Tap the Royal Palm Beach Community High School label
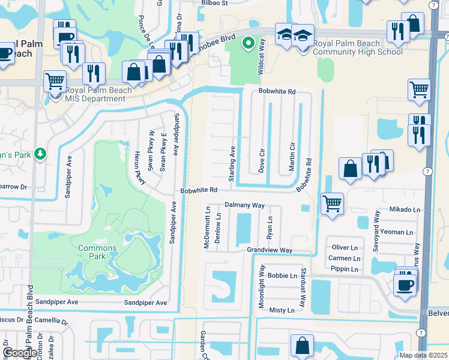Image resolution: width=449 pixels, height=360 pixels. pyautogui.click(x=351, y=47)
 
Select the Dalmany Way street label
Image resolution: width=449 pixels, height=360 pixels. pyautogui.click(x=245, y=205)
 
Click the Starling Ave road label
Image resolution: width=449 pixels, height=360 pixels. pyautogui.click(x=232, y=158)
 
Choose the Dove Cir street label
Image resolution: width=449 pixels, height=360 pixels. pyautogui.click(x=262, y=158)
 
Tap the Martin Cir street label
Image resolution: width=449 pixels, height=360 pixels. pyautogui.click(x=292, y=157)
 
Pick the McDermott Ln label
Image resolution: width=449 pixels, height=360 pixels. pyautogui.click(x=207, y=229)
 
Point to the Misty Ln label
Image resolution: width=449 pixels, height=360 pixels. pyautogui.click(x=282, y=310)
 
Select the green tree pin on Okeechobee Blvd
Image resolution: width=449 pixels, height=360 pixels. pyautogui.click(x=247, y=43)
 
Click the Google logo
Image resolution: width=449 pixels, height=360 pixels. pyautogui.click(x=19, y=353)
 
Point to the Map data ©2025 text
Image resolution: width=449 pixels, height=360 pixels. pyautogui.click(x=423, y=355)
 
